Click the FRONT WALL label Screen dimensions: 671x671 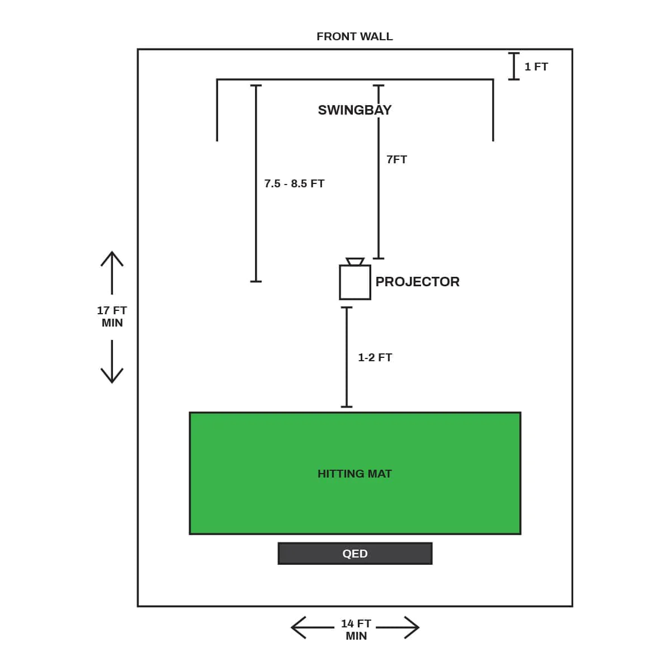[355, 37]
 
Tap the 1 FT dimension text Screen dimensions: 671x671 [536, 67]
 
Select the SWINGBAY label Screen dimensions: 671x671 [355, 110]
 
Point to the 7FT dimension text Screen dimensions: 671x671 [396, 160]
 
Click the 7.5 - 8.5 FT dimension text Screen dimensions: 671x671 [294, 183]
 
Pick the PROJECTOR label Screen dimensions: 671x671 [417, 282]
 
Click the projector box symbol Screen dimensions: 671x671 [355, 283]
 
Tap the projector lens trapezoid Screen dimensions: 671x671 [355, 262]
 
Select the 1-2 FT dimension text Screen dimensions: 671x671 [375, 357]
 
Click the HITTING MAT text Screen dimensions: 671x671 [355, 474]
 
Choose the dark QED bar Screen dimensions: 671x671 [355, 554]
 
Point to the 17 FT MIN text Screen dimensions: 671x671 [112, 316]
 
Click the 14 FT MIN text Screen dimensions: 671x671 [356, 630]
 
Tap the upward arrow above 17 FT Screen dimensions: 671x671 [112, 272]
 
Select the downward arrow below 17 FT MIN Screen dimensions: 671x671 [112, 361]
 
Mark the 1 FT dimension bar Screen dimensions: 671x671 [514, 67]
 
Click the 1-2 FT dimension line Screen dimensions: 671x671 [347, 357]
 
